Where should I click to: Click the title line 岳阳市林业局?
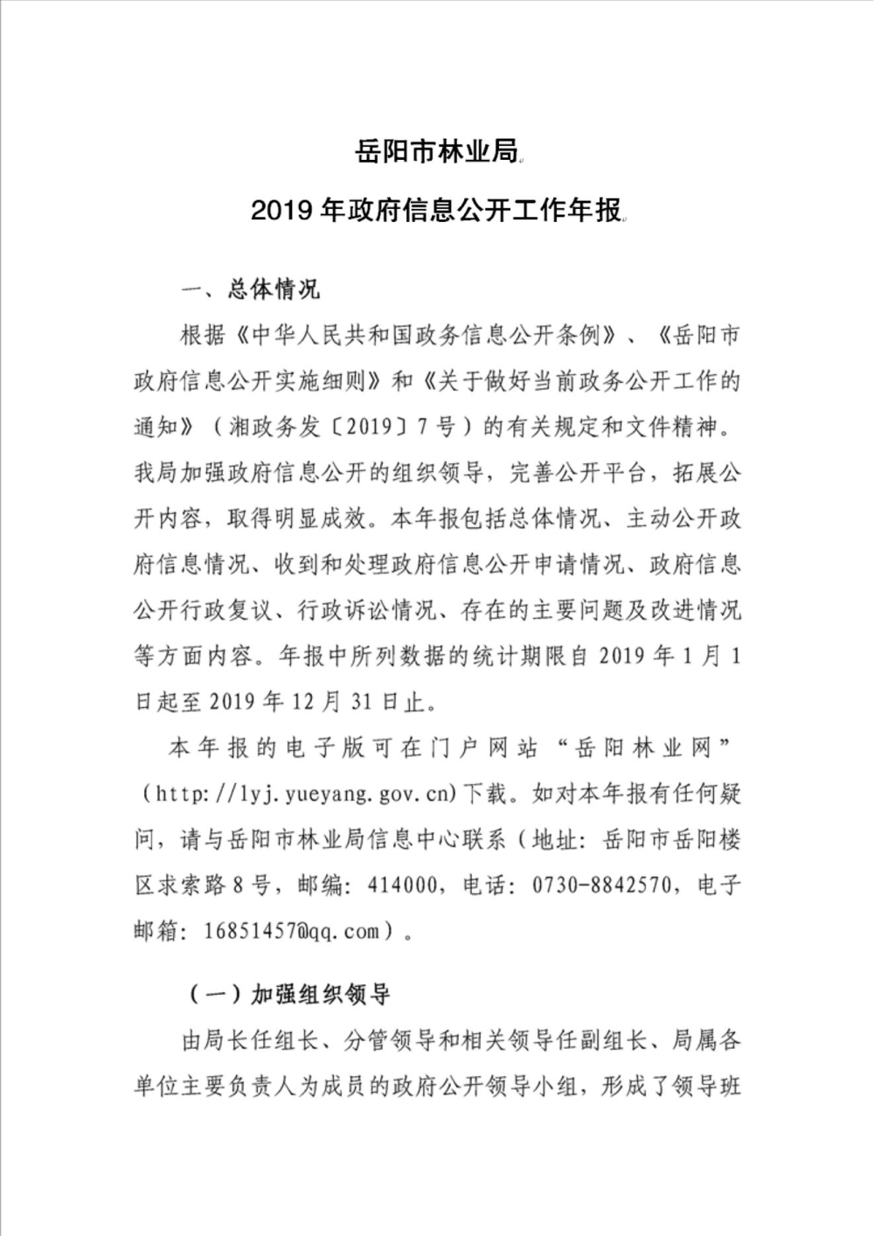[436, 151]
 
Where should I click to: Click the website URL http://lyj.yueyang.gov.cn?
[301, 795]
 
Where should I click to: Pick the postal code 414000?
[397, 885]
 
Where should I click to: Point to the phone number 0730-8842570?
[604, 885]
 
